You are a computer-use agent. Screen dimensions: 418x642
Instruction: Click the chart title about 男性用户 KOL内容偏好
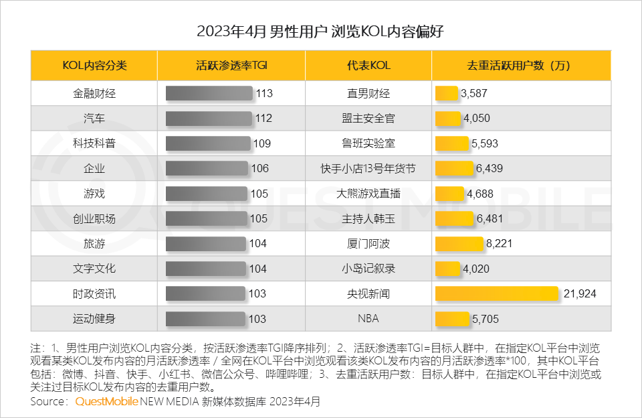320,31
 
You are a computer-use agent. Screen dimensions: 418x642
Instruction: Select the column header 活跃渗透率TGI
231,66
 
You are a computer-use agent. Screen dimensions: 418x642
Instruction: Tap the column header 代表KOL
368,66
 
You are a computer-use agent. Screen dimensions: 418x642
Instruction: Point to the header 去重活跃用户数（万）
521,66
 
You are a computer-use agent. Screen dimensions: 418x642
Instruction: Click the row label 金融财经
94,94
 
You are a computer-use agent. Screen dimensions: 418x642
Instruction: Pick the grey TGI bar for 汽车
209,119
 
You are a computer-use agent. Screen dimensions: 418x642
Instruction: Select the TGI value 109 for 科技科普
261,143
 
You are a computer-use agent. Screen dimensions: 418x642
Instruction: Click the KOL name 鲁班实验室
368,143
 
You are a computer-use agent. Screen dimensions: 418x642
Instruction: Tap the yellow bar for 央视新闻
497,293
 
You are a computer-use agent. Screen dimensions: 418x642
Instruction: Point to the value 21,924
579,293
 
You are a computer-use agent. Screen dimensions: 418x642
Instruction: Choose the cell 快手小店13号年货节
368,169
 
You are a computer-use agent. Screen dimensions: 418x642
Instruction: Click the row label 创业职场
94,218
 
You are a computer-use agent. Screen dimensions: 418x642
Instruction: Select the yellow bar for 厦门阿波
459,243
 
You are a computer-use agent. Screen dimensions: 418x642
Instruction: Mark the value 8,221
499,243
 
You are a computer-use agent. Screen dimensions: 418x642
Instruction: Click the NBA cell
368,319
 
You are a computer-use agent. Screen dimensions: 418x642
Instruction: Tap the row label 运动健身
94,319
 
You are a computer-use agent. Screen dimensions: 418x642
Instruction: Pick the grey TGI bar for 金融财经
210,94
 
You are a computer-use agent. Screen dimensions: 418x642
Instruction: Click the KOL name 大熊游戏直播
368,194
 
